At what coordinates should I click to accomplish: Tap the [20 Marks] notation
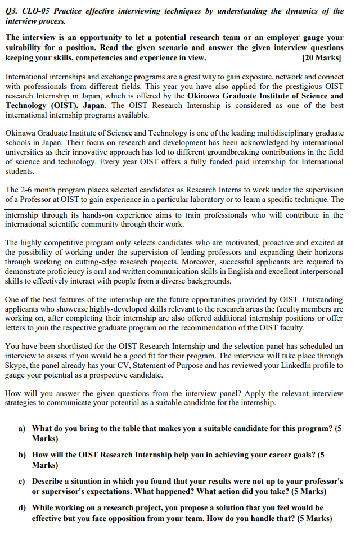click(322, 57)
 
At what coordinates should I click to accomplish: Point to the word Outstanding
click(320, 300)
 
